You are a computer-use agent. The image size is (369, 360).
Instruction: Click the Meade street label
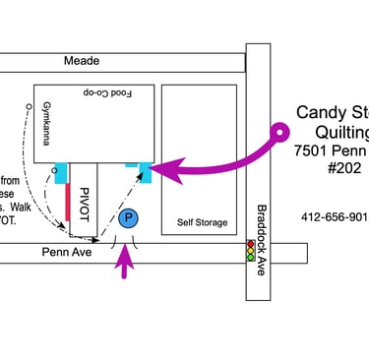coord(82,61)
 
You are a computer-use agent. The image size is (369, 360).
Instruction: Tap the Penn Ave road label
coord(61,252)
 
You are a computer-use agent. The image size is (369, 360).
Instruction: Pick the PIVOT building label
coord(85,201)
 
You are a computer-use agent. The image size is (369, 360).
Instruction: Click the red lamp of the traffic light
coord(251,243)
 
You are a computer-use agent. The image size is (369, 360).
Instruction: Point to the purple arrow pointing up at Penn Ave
coord(124,263)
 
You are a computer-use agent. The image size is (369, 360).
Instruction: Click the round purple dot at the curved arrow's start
coord(280,129)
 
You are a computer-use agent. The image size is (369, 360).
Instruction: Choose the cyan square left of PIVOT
coord(61,173)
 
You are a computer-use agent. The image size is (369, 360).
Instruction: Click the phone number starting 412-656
coord(335,216)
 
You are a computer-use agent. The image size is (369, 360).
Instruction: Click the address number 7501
coord(312,151)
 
